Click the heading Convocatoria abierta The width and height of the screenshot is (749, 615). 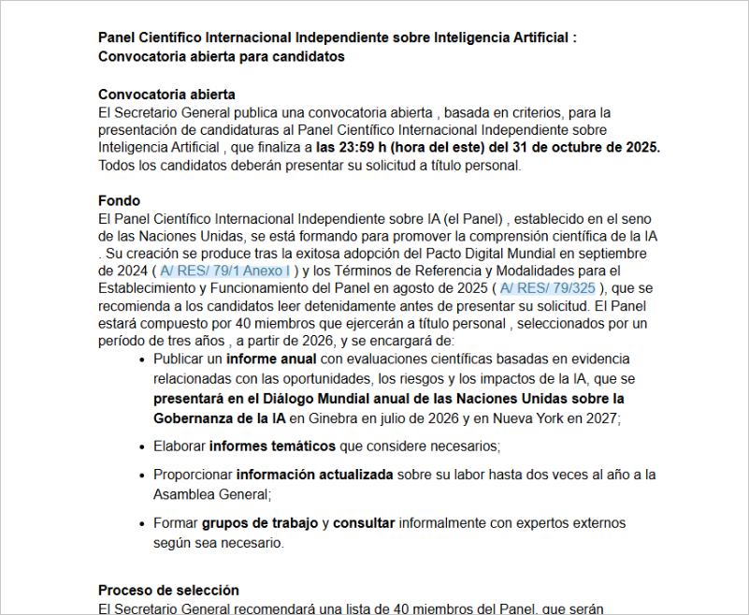click(x=166, y=95)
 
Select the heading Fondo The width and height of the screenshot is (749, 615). click(x=119, y=201)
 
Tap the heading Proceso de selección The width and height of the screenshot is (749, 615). click(x=168, y=591)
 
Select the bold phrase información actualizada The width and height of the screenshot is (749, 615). click(x=314, y=476)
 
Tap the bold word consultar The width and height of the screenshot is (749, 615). click(x=364, y=523)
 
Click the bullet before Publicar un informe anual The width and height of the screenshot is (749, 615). click(x=142, y=359)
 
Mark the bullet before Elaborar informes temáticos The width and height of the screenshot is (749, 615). click(x=142, y=446)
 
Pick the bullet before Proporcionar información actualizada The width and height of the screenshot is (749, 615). click(x=142, y=476)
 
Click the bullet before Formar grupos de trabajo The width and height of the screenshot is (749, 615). click(x=142, y=523)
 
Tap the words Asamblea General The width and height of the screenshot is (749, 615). click(x=211, y=493)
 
